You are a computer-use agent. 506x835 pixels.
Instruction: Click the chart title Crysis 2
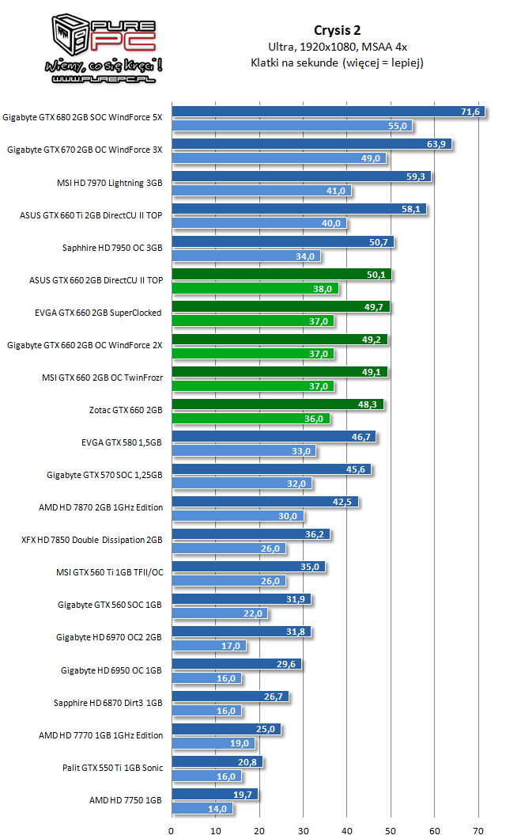337,31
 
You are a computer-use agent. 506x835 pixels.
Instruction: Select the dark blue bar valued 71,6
316,112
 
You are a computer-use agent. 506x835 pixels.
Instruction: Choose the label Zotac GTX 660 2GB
126,410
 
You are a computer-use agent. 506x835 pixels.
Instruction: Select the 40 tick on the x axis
347,831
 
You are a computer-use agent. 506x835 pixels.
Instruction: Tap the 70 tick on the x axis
478,831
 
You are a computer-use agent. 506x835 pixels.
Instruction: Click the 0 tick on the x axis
172,831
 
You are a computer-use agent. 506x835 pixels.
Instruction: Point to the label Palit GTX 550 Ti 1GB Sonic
113,767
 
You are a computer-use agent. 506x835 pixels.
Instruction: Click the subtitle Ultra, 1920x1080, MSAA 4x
337,47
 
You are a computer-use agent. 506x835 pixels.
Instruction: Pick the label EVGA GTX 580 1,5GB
121,442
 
